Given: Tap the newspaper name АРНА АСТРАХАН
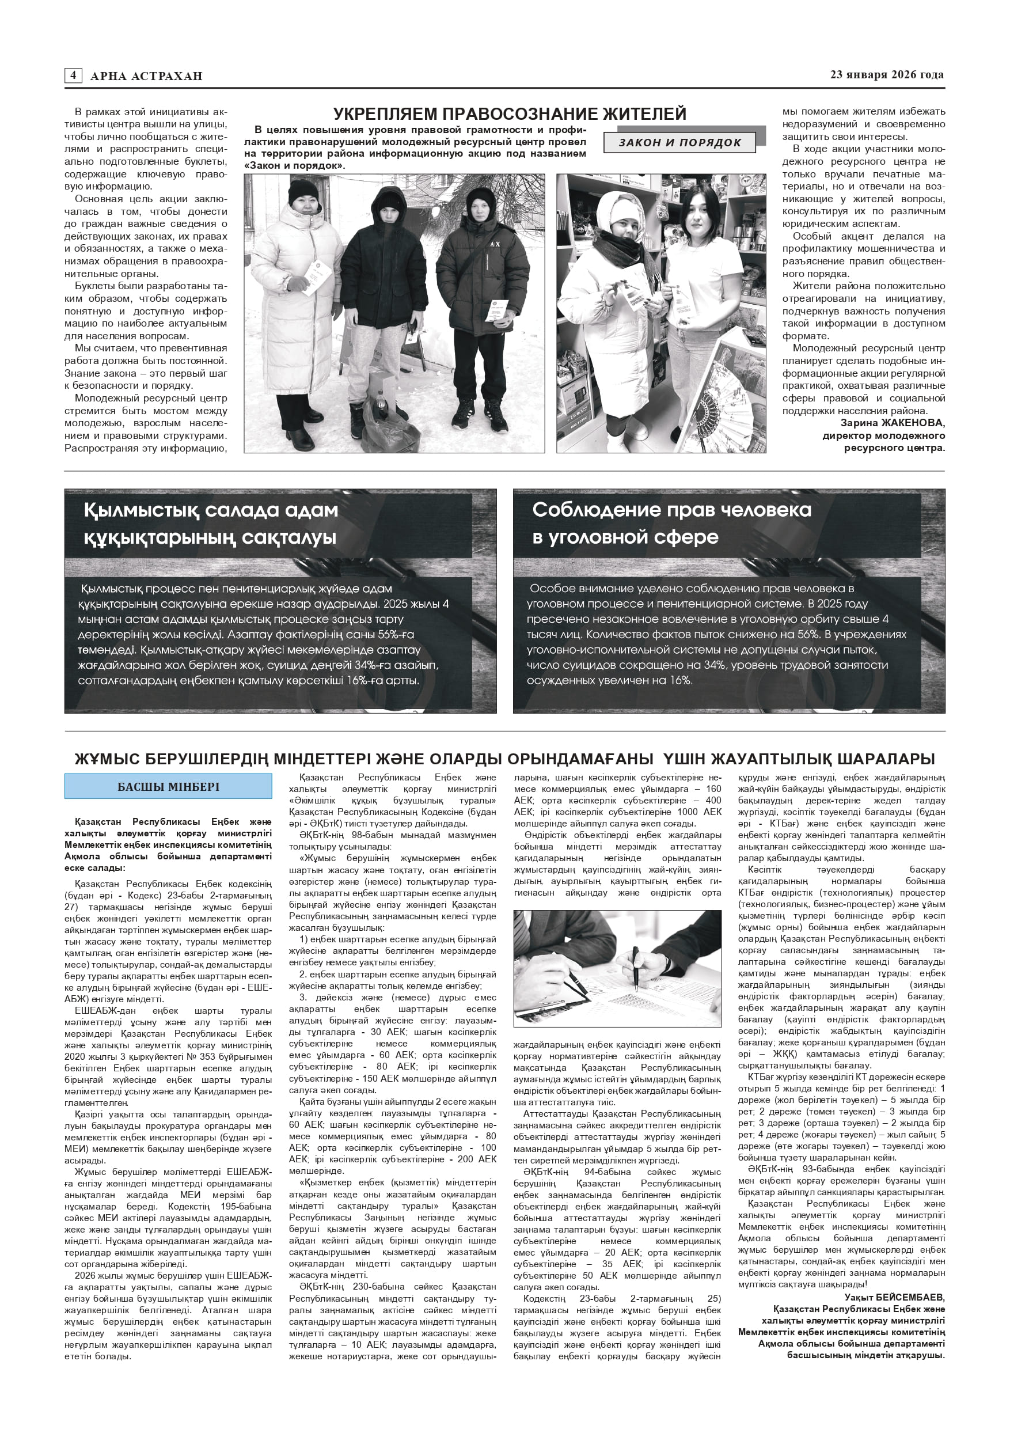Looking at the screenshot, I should coord(146,76).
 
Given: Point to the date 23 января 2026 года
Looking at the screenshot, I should coord(887,75).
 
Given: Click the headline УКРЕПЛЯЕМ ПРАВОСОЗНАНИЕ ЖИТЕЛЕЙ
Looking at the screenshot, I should coord(510,114).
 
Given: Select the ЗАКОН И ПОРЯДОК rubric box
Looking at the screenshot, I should coord(679,142).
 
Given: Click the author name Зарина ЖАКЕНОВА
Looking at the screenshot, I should coord(884,423).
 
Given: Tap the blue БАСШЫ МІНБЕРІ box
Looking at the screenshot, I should coord(168,786).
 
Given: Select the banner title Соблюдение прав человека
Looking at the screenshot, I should coord(671,510).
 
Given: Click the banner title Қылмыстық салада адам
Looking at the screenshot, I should coord(211,510).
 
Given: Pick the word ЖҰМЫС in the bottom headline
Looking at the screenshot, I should coord(105,759).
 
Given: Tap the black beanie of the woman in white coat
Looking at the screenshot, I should coord(302,190).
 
